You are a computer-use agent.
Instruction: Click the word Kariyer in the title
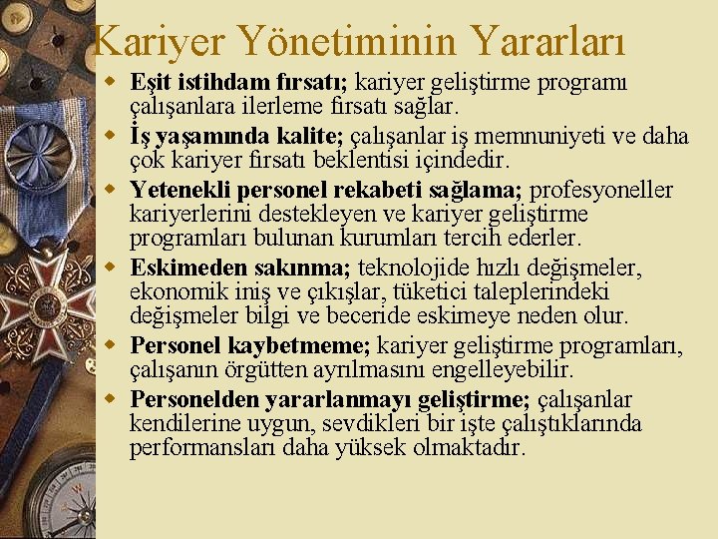pyautogui.click(x=162, y=41)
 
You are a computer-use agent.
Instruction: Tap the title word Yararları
pyautogui.click(x=551, y=41)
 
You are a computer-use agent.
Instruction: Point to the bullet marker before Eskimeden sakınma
pyautogui.click(x=117, y=268)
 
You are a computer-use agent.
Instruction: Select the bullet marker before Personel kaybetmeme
pyautogui.click(x=117, y=345)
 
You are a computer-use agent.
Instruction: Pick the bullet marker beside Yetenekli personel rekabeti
pyautogui.click(x=117, y=190)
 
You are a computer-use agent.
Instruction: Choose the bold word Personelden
pyautogui.click(x=194, y=399)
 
